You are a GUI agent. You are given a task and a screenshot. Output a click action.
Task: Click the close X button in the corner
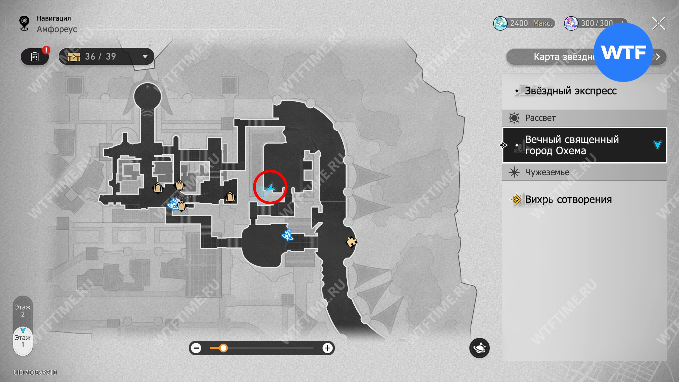659,24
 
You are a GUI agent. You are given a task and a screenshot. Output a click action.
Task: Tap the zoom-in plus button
328,348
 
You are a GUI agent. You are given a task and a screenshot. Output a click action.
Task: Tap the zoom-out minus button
196,348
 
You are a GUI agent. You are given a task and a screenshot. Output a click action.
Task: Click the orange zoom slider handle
224,348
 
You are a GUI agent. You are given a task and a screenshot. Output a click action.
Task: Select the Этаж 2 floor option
23,311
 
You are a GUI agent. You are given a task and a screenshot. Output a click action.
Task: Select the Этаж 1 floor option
23,341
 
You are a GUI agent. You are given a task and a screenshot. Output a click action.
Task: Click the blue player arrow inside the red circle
271,187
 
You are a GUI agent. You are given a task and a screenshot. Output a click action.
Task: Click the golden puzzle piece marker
351,242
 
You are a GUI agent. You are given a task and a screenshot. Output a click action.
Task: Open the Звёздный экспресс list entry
570,91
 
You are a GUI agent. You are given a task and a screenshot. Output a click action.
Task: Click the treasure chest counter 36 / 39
106,57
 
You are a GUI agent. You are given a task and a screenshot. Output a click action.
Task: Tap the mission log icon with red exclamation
35,57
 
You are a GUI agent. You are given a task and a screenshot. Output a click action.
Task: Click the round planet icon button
479,348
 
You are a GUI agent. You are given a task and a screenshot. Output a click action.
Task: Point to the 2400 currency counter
524,23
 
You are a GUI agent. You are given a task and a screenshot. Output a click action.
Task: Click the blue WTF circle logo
623,52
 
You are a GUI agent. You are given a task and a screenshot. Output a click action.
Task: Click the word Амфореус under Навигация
57,29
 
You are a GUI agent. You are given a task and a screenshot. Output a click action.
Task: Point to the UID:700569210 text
35,372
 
